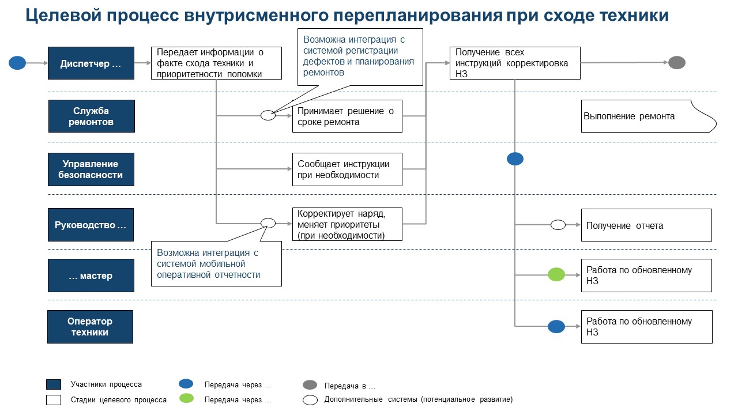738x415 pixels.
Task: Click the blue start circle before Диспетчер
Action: pos(17,63)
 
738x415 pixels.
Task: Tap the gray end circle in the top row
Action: pos(676,63)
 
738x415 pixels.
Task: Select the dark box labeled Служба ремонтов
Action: pos(91,116)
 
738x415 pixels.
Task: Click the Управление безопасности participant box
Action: pos(91,169)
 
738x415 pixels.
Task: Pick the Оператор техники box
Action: pos(90,327)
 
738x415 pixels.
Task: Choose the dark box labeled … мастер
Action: pos(91,276)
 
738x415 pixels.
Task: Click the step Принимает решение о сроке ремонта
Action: pos(347,116)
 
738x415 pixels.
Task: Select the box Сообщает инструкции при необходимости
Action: pos(347,169)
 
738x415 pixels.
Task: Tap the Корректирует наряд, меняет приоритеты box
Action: pos(347,224)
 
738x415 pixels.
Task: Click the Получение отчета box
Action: pos(646,225)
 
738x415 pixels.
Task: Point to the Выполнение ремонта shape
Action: pos(646,116)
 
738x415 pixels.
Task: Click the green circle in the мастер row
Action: pos(556,275)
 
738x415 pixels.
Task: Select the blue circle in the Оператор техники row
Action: pos(556,327)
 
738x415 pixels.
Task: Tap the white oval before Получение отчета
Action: pos(558,225)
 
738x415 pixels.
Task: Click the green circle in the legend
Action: pos(186,398)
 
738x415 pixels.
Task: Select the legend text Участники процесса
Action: pos(106,384)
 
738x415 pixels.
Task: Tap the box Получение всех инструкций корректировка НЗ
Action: pos(515,63)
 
